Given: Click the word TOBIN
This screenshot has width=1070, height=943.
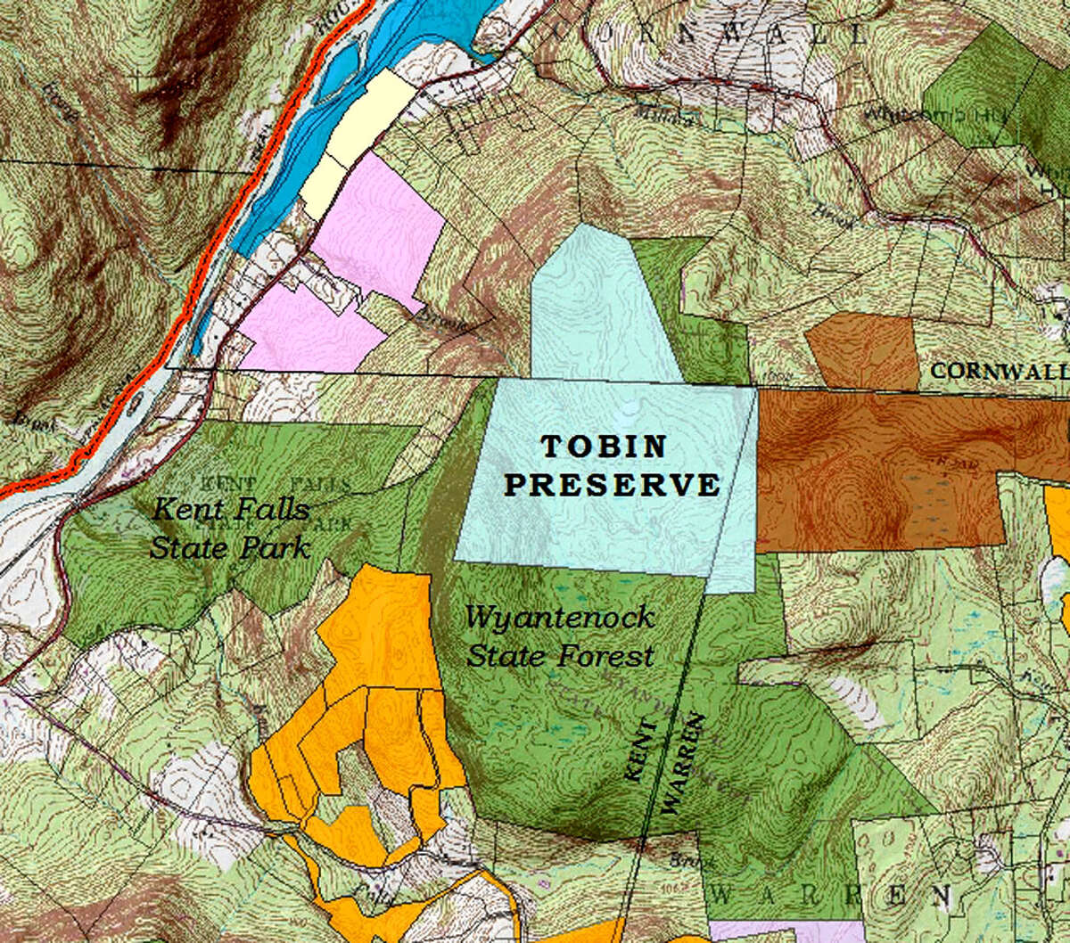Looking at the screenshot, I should [x=605, y=447].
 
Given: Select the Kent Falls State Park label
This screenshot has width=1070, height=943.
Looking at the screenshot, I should [x=230, y=529].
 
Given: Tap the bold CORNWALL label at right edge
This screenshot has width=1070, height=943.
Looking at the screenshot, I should [x=999, y=371].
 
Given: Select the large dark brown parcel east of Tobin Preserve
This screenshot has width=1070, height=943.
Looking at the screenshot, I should [x=883, y=472].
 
